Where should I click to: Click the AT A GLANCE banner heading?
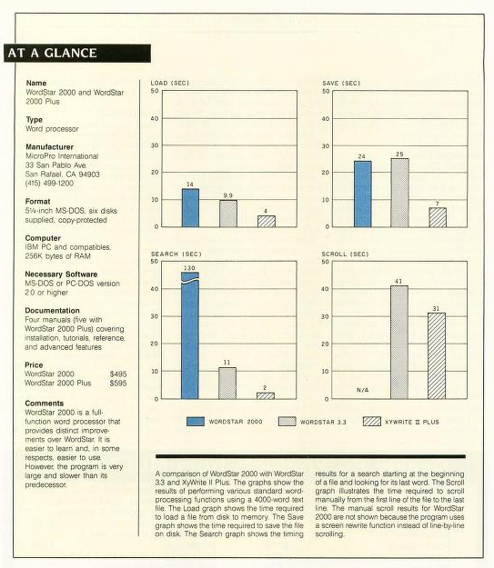pos(53,53)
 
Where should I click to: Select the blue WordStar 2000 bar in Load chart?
pos(190,208)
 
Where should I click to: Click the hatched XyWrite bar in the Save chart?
pos(438,217)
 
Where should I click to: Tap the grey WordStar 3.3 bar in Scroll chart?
pos(399,343)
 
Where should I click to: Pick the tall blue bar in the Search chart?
pos(190,335)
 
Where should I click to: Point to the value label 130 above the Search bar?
pos(189,268)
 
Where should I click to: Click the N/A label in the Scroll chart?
pos(362,390)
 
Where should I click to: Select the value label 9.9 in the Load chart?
pos(227,195)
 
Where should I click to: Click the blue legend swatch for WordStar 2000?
pos(196,422)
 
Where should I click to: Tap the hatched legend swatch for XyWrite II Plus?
pos(372,422)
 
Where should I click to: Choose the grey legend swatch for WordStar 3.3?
pos(287,422)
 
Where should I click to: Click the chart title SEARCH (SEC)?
pos(176,254)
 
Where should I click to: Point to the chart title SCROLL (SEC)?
pos(346,254)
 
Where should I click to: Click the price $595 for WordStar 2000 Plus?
pos(118,384)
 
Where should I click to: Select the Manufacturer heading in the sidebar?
pos(49,146)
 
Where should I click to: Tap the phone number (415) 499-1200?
pos(49,184)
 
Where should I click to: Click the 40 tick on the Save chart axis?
pos(326,119)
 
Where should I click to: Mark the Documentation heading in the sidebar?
pos(52,311)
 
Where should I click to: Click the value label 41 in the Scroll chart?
pos(398,282)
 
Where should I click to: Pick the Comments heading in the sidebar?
pos(45,404)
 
